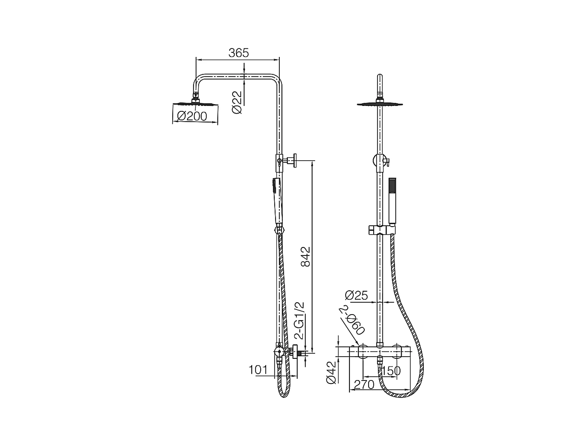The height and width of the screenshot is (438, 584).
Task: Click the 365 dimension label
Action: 238,53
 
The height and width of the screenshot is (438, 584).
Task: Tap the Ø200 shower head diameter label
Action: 192,116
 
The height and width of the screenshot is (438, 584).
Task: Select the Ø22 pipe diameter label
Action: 237,102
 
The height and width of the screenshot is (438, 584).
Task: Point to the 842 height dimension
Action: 305,257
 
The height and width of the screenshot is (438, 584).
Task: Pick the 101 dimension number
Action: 258,369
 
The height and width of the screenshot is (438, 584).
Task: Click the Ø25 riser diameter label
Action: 356,295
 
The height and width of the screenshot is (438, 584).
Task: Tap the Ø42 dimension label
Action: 331,372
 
